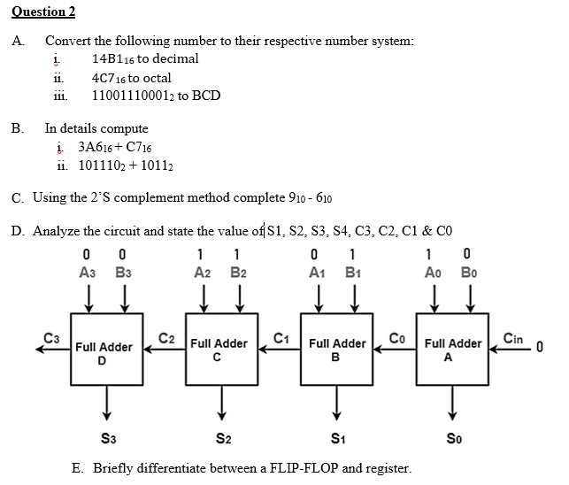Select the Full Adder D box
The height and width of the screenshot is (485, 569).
click(x=104, y=353)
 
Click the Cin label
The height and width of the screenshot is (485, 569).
click(x=512, y=337)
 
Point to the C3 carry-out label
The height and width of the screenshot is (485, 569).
click(x=51, y=336)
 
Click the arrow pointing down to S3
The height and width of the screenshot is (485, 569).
click(x=106, y=404)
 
